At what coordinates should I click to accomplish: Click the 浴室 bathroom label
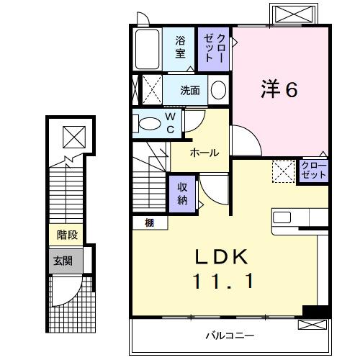click(x=180, y=48)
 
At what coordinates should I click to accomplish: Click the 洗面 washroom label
click(x=190, y=91)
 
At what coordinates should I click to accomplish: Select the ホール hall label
click(x=204, y=152)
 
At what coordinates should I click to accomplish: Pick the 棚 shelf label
click(x=148, y=223)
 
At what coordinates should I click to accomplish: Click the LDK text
click(x=222, y=257)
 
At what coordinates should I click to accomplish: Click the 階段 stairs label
click(x=66, y=234)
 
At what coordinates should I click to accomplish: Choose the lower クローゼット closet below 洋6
click(x=314, y=171)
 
